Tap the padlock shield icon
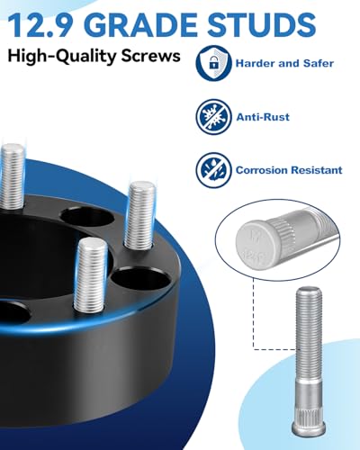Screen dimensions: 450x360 tap(210, 62)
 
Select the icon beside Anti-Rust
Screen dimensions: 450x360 tap(210, 115)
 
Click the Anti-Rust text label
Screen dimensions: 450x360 tap(262, 115)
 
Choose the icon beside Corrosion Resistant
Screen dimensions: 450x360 tap(210, 168)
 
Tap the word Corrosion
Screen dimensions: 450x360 tap(263, 168)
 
